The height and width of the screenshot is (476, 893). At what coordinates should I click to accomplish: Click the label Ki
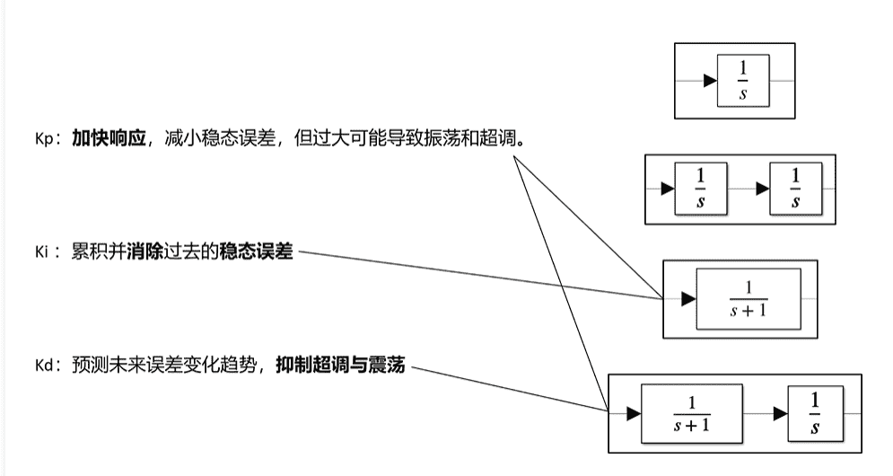tap(41, 253)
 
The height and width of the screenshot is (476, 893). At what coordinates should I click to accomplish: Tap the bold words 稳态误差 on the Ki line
tap(257, 252)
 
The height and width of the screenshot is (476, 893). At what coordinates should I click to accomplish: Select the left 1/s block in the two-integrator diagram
tap(701, 189)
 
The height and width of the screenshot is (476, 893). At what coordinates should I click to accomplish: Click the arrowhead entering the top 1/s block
tap(710, 81)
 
